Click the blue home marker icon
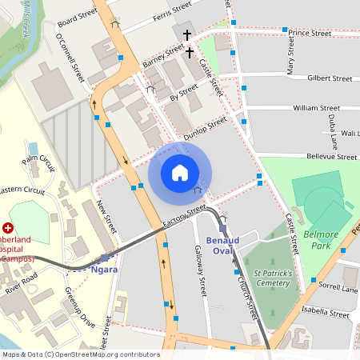click(x=180, y=173)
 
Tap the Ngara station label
click(x=105, y=270)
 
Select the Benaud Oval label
click(x=222, y=244)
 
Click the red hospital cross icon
click(x=8, y=229)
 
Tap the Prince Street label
click(x=310, y=34)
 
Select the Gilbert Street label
click(x=330, y=79)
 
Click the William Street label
click(x=317, y=107)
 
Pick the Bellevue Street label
click(x=328, y=158)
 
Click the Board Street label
click(x=78, y=16)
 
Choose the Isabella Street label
click(x=322, y=314)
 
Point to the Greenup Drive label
click(x=80, y=307)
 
